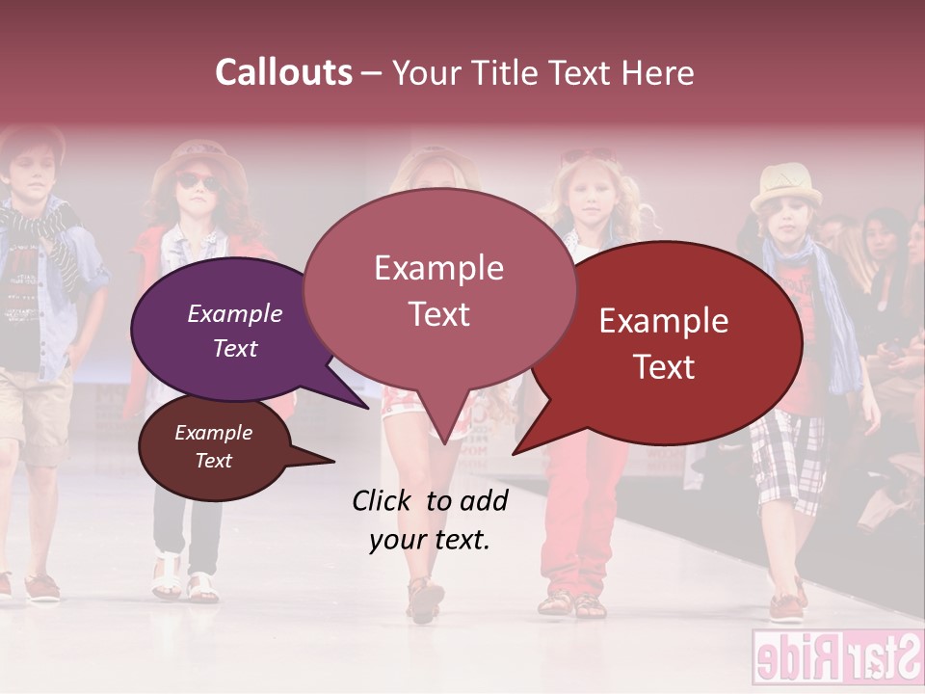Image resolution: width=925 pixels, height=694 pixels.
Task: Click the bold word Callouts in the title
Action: tap(283, 72)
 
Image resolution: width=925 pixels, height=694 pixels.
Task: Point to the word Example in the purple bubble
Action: tap(235, 313)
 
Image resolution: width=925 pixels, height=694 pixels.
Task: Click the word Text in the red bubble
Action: tap(664, 366)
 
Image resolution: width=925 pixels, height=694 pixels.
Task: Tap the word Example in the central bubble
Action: tap(438, 267)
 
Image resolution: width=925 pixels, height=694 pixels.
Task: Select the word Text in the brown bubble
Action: tap(213, 461)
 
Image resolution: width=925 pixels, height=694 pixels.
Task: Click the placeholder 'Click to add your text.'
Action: tap(430, 520)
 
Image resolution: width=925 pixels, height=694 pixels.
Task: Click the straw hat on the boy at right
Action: tap(785, 185)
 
